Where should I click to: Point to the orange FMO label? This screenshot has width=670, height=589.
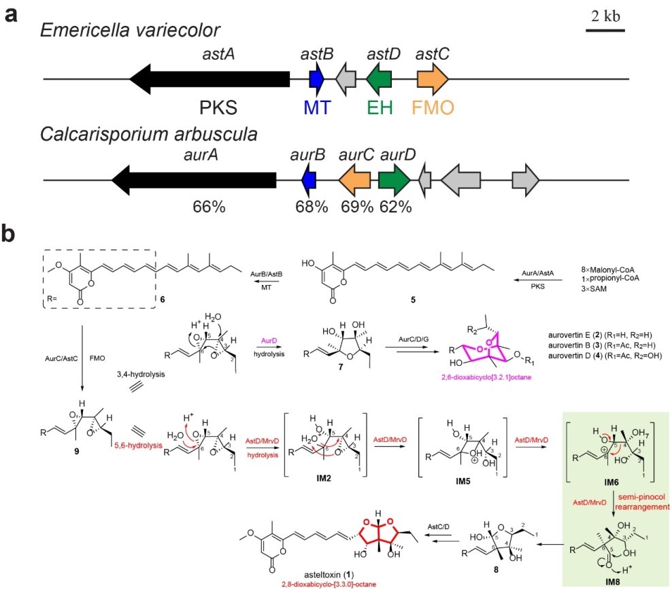click(x=432, y=107)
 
